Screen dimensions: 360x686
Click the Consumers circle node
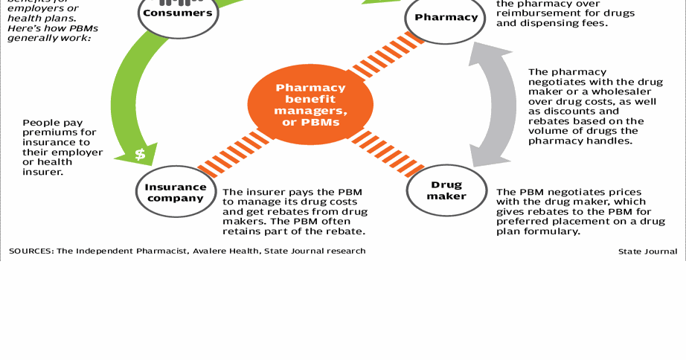tap(177, 13)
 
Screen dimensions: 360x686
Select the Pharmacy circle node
tap(446, 17)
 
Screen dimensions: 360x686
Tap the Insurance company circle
tap(176, 193)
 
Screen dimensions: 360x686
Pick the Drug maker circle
tap(446, 190)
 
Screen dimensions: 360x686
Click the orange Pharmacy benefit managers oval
tap(310, 104)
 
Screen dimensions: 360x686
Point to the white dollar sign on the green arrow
tap(140, 155)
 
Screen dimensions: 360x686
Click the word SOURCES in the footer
tap(31, 251)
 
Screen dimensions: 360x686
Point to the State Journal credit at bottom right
tap(647, 251)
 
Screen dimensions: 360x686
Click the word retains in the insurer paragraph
tap(241, 231)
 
